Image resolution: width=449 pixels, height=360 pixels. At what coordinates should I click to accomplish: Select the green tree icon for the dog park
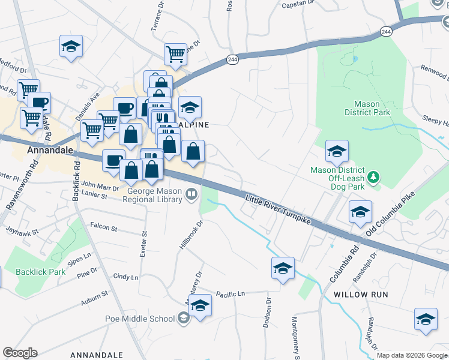coord(374,176)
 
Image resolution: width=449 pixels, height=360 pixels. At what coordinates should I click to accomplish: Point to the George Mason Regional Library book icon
coord(191,193)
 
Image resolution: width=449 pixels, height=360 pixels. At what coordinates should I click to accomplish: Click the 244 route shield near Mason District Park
coord(385,31)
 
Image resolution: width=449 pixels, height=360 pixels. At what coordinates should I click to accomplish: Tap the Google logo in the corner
coord(20,353)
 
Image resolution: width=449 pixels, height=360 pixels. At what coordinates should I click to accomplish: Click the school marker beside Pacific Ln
coord(200,305)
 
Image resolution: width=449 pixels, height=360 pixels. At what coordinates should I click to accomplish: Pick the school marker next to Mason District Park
coord(337,152)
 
